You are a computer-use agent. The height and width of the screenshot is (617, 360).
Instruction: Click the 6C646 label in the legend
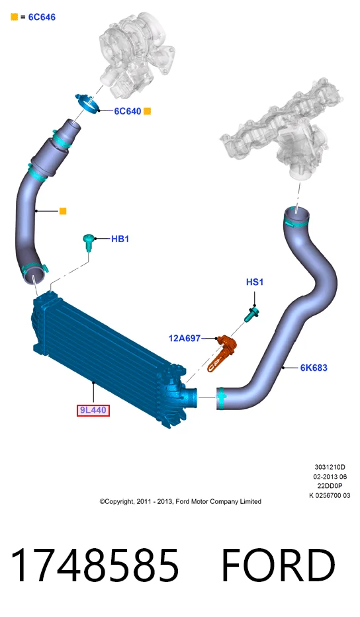pos(42,17)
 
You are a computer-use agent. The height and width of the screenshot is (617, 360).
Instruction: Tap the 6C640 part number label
pos(128,111)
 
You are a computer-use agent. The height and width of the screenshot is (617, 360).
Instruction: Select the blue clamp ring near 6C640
pos(88,104)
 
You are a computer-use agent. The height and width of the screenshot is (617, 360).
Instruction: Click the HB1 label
pos(120,239)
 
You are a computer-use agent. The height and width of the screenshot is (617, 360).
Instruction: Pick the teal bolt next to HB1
pos(89,243)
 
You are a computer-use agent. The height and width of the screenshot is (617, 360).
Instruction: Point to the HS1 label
pos(254,282)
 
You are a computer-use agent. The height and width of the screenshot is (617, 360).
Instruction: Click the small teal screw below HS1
pos(252,314)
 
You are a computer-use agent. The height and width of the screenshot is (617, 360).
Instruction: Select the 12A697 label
pos(185,338)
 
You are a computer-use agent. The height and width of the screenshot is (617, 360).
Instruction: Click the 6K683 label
pos(314,368)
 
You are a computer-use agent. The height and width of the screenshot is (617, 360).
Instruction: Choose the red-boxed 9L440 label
pos(93,411)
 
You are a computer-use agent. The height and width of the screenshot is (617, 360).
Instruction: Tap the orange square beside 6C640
pos(148,111)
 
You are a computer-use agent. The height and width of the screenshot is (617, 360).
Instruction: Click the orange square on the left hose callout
pos(63,212)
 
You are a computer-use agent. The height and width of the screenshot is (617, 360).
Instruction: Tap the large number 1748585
pos(95,565)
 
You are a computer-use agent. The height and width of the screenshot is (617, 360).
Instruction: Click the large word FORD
pos(278,565)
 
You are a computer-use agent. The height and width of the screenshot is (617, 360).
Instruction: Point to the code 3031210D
pos(330,467)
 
